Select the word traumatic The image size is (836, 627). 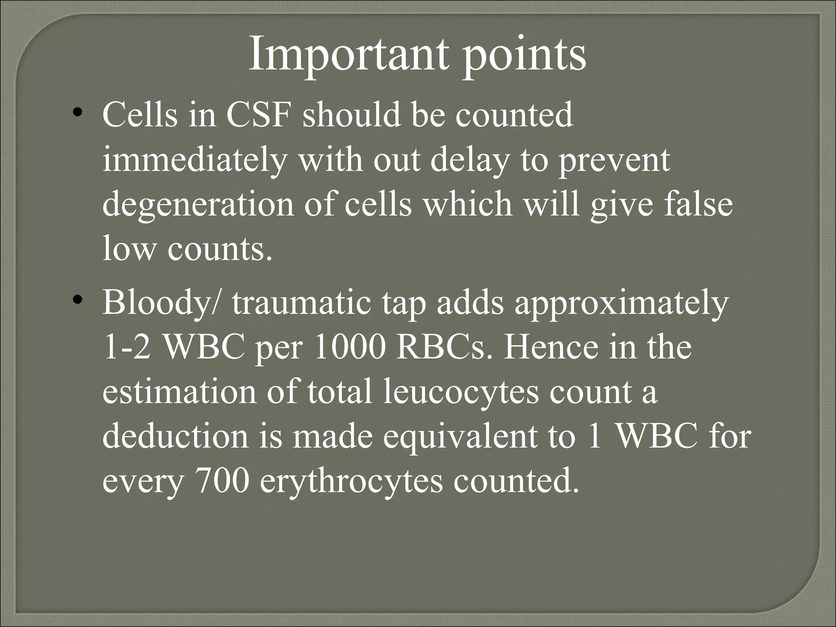pos(302,303)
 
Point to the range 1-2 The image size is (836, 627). pos(127,348)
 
